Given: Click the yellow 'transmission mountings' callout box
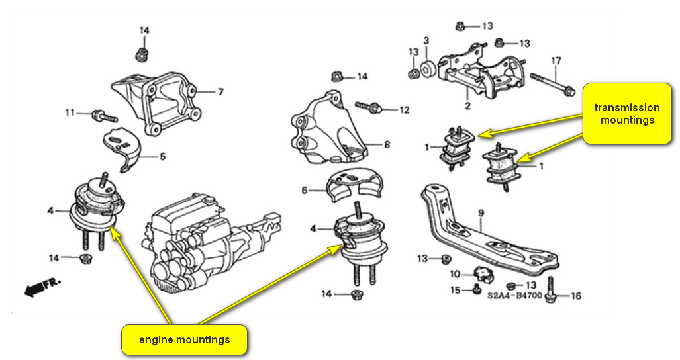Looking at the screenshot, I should point(627,113).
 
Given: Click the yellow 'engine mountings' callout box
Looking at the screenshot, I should point(184,340).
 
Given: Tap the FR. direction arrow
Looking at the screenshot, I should point(40,286).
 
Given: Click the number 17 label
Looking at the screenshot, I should point(556,61).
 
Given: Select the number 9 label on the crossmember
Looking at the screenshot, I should point(481,213).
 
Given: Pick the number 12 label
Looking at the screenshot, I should point(405,109).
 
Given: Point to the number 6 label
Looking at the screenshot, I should point(305,190).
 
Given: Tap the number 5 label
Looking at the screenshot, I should point(162,157).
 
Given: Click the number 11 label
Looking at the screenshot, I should point(70,113).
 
